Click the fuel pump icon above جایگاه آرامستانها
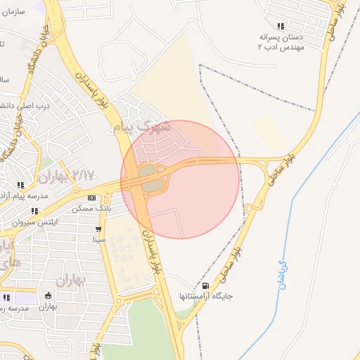pyautogui.click(x=205, y=286)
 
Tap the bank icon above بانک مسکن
pyautogui.click(x=91, y=198)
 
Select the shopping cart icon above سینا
pyautogui.click(x=99, y=229)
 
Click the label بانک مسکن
pyautogui.click(x=91, y=209)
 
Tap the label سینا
pyautogui.click(x=99, y=239)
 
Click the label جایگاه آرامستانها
pyautogui.click(x=205, y=296)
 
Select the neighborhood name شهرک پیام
pyautogui.click(x=146, y=127)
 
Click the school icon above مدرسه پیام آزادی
pyautogui.click(x=20, y=186)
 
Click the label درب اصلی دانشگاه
pyautogui.click(x=27, y=106)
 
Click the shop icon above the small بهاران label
pyautogui.click(x=48, y=296)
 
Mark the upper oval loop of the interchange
pyautogui.click(x=147, y=171)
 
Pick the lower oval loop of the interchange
pyautogui.click(x=154, y=186)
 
